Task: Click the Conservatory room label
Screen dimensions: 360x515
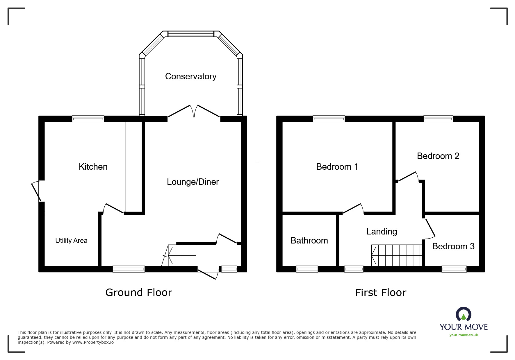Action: (191, 76)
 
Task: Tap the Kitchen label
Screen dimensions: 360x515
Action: (93, 167)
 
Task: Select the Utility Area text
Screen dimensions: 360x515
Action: (71, 241)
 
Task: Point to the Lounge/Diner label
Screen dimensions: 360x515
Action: (193, 182)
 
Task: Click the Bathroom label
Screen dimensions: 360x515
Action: (309, 241)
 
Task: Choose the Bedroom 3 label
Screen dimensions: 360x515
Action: (453, 246)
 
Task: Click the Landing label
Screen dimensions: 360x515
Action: (382, 232)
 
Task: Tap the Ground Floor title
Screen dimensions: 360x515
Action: (139, 292)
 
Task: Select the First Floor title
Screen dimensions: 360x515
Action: (380, 293)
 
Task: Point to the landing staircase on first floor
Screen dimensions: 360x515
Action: (397, 255)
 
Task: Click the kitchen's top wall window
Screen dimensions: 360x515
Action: (88, 119)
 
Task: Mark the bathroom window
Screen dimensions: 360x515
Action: (307, 269)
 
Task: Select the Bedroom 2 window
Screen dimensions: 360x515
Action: (438, 119)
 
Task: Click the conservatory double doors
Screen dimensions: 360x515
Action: (194, 112)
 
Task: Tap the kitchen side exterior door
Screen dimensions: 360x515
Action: (37, 191)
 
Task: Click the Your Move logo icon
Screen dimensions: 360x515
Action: (464, 315)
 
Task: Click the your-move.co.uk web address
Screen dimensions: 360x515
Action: (464, 335)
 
